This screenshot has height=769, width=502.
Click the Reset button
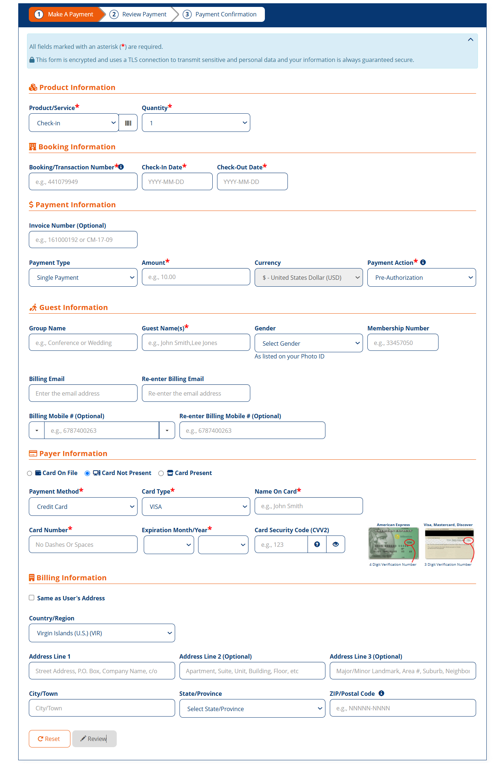[49, 739]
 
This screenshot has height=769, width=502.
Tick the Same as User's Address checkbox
[32, 598]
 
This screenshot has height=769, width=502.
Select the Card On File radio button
[30, 473]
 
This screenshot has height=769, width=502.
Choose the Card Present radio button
[161, 473]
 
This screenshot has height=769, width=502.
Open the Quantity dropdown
[196, 123]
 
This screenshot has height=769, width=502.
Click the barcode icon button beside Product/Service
[128, 123]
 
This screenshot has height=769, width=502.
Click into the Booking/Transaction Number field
[83, 181]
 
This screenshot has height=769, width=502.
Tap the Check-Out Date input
[252, 181]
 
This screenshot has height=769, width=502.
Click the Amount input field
[196, 277]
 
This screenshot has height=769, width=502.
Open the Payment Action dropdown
[421, 278]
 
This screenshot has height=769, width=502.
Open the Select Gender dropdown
[309, 343]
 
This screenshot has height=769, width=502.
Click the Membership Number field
[403, 342]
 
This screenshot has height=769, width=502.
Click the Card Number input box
[83, 544]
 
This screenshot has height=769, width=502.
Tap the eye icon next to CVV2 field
[336, 544]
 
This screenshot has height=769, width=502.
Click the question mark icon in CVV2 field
[317, 544]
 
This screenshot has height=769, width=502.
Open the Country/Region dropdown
[102, 633]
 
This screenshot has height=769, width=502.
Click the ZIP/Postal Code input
[403, 708]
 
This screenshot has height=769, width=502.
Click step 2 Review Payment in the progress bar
[139, 15]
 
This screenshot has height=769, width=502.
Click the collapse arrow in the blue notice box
[471, 40]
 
